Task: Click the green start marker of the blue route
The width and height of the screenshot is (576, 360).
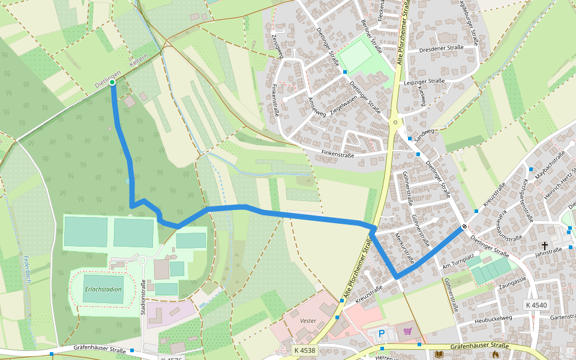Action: point(112,83)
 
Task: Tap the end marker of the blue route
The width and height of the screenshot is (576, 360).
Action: point(464,227)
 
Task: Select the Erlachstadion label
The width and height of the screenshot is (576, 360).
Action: point(103,289)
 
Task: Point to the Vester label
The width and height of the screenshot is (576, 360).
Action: point(308,321)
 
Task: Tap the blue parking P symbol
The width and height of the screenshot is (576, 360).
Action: point(381,333)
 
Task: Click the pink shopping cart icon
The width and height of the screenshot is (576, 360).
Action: point(409,331)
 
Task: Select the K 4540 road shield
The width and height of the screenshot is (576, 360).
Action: point(536,305)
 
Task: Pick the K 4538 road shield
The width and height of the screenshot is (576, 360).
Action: point(304,350)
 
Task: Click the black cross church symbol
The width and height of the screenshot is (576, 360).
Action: point(545,246)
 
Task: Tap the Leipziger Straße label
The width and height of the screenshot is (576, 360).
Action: point(424,81)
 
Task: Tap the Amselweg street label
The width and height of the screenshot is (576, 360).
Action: point(317,106)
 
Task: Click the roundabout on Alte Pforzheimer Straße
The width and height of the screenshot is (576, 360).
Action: point(395,122)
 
